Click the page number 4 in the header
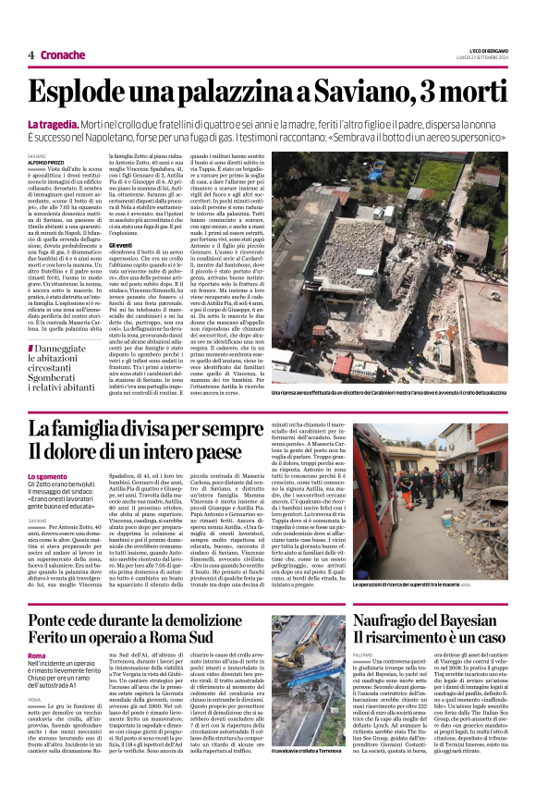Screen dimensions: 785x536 tap(30, 55)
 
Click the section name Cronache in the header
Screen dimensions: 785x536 tap(61, 55)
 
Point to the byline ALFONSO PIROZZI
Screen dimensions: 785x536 tap(44, 164)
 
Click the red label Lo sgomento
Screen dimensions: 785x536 tap(47, 476)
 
